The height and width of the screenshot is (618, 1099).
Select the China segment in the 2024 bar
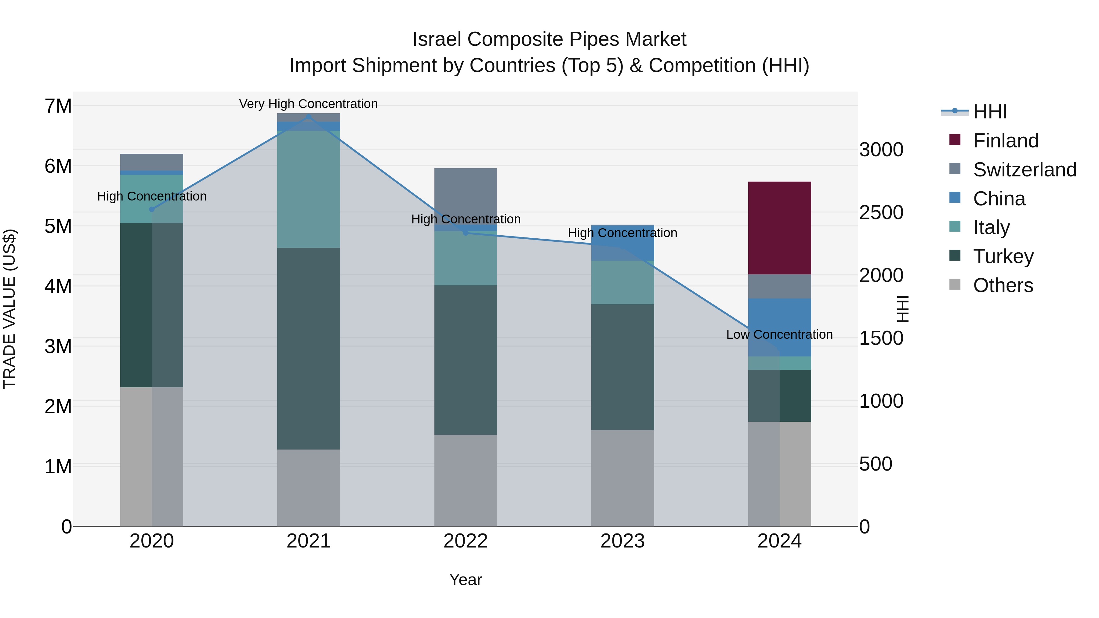[x=779, y=327]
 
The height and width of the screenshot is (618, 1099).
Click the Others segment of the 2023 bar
[x=622, y=478]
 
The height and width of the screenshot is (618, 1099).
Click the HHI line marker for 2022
[x=466, y=233]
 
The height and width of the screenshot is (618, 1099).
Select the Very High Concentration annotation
[x=308, y=104]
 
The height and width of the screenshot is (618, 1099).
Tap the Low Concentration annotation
[x=779, y=334]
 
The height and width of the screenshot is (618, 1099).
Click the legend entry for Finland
[x=1006, y=141]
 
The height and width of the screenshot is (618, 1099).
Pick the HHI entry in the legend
[x=990, y=112]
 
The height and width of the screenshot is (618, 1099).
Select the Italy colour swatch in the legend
[x=955, y=227]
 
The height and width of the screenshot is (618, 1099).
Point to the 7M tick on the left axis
[x=58, y=106]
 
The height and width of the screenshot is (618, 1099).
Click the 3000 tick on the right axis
[x=881, y=150]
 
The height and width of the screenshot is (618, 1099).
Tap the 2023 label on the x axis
[x=622, y=541]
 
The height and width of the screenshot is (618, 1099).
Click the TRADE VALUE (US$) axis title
[x=9, y=309]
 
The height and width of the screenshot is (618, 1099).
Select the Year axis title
[x=466, y=580]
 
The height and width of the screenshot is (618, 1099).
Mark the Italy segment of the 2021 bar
[x=308, y=189]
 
